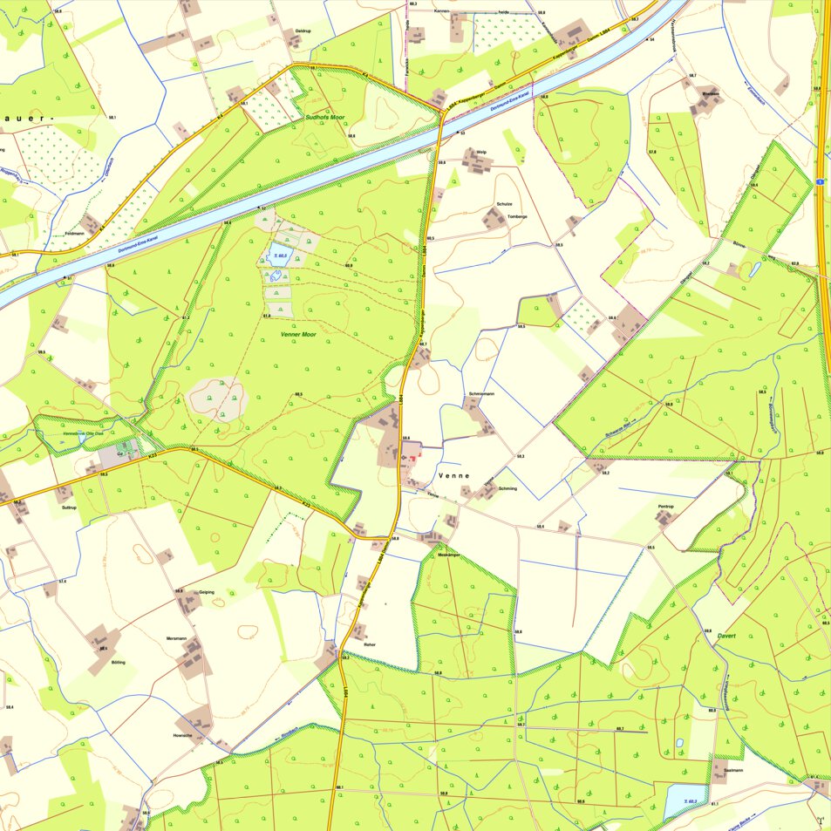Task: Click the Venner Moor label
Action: coord(298,335)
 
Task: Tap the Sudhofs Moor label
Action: coord(325,116)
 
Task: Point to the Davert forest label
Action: coord(727,637)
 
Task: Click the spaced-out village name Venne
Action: coord(455,475)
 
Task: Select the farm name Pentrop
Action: coord(666,506)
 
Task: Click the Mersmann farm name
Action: coord(176,639)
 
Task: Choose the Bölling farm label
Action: coord(119,663)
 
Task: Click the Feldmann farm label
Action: coord(74,234)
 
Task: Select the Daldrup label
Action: coord(303,31)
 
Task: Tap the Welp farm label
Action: coord(481,151)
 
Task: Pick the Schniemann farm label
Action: coord(481,394)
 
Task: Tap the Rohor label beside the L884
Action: coord(370,644)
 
